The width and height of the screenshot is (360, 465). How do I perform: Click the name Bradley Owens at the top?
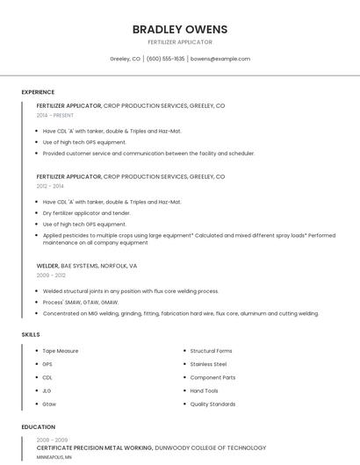click(x=179, y=29)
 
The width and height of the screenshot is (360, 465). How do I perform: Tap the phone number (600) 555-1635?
click(x=165, y=59)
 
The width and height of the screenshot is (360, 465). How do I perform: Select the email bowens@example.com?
click(x=220, y=59)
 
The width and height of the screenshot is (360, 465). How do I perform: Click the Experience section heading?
click(x=38, y=92)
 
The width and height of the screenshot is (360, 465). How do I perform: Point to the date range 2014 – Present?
click(x=55, y=115)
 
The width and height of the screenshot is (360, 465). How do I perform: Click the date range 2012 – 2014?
click(x=50, y=186)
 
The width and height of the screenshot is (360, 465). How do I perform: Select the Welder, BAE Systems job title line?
click(x=87, y=265)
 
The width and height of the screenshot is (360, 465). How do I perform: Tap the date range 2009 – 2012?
click(x=51, y=275)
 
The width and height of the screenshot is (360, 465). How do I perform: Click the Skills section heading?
click(x=31, y=334)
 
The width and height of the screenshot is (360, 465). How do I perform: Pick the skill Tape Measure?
click(x=61, y=351)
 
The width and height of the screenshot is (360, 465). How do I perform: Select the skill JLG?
click(x=47, y=390)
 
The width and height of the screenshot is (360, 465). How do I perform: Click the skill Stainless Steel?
click(x=208, y=364)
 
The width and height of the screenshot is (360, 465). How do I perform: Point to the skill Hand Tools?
click(x=204, y=390)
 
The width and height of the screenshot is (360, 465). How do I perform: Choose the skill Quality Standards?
click(x=212, y=404)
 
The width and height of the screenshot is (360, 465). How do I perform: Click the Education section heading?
click(x=38, y=427)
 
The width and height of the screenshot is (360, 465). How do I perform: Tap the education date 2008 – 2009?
click(x=52, y=440)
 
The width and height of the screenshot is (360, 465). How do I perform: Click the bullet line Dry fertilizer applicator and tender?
click(x=86, y=213)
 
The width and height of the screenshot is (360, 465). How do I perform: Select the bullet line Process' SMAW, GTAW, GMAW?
click(x=80, y=302)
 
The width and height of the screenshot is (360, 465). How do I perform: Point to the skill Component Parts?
click(x=212, y=377)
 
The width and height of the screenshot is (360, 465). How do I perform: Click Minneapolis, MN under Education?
click(x=54, y=457)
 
